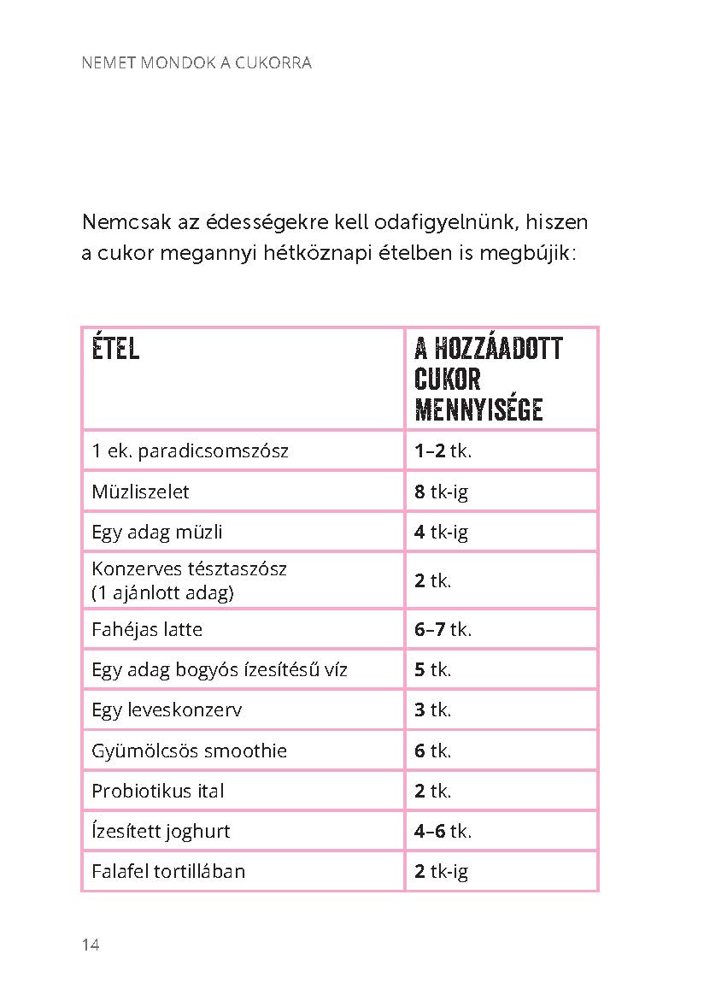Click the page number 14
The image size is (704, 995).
pos(91,945)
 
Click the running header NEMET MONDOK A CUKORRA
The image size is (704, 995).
pos(196,63)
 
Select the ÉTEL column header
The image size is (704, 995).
pos(115,349)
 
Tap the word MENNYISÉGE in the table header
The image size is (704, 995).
pos(478,409)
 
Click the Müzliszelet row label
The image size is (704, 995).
pos(140,492)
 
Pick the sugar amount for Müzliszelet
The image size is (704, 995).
pos(441,492)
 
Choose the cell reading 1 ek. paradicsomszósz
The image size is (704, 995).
pos(190,450)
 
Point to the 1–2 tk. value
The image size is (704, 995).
pos(443,450)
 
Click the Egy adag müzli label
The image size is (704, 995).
pos(157,532)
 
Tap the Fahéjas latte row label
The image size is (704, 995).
pos(147,630)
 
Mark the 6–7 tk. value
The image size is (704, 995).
pos(443,630)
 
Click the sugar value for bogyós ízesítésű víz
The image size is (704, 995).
pos(432,669)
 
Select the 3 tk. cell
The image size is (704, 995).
pos(432,709)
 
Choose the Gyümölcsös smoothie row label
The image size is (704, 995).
pos(189,751)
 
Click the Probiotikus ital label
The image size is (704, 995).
pos(158,791)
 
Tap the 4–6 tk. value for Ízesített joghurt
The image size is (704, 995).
pos(443,831)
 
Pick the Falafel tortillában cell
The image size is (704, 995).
pos(168,871)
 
